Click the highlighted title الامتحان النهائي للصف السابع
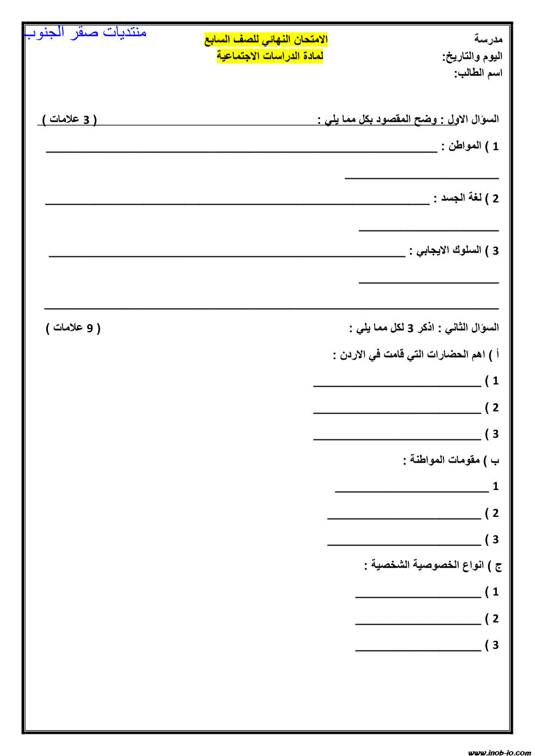tap(266, 39)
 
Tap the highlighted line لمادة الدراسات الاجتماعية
tap(270, 55)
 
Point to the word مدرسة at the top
tap(488, 39)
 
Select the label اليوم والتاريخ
tap(473, 56)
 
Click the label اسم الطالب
tap(478, 73)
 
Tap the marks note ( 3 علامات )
tap(70, 119)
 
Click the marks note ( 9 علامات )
tap(73, 327)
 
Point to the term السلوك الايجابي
tap(445, 250)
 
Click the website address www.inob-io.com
tap(499, 752)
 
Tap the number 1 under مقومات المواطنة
tap(496, 486)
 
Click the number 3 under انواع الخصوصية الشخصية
tap(495, 645)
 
